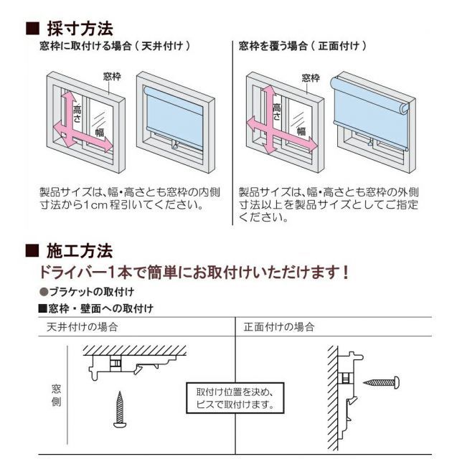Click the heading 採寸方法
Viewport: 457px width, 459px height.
pos(80,29)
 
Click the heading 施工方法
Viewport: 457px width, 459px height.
pos(80,251)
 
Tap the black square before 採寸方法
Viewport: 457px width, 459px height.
pos(32,29)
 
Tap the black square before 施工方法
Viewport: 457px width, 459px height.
pos(32,250)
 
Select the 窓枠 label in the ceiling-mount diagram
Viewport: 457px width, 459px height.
pos(112,77)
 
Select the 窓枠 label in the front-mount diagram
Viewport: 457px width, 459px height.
pos(311,78)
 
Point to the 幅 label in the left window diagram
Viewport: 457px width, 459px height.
pos(100,133)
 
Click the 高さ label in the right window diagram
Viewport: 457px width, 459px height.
pos(276,112)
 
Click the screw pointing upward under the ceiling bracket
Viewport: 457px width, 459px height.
pos(120,410)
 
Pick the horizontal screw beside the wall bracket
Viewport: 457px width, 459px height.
pos(381,382)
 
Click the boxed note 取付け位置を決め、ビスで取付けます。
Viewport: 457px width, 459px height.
pos(235,398)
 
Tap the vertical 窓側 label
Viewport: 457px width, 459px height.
pos(56,395)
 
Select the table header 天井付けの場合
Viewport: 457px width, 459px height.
pos(83,327)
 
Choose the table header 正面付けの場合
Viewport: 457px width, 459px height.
pos(279,327)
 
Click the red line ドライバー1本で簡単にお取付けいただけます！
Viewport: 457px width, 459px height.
pos(194,273)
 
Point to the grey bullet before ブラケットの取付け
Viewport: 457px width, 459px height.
pos(44,292)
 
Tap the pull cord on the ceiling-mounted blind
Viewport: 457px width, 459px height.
pos(174,144)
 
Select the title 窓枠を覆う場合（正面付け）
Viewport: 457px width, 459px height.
pos(303,46)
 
